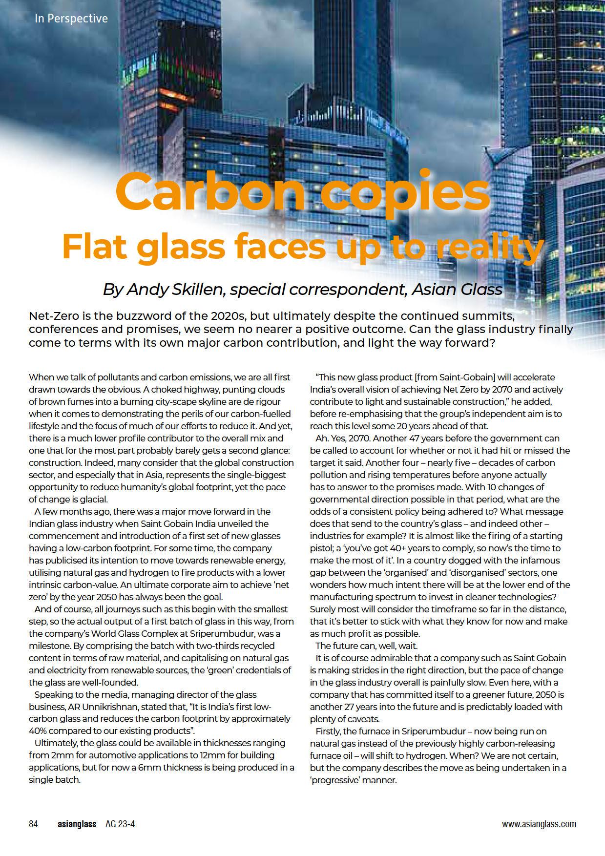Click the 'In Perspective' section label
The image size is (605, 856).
(71, 19)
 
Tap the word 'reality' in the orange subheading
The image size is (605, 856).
(489, 247)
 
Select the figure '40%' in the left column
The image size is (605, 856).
(39, 731)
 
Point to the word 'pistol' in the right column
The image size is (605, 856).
(321, 548)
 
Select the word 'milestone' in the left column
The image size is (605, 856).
(48, 646)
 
